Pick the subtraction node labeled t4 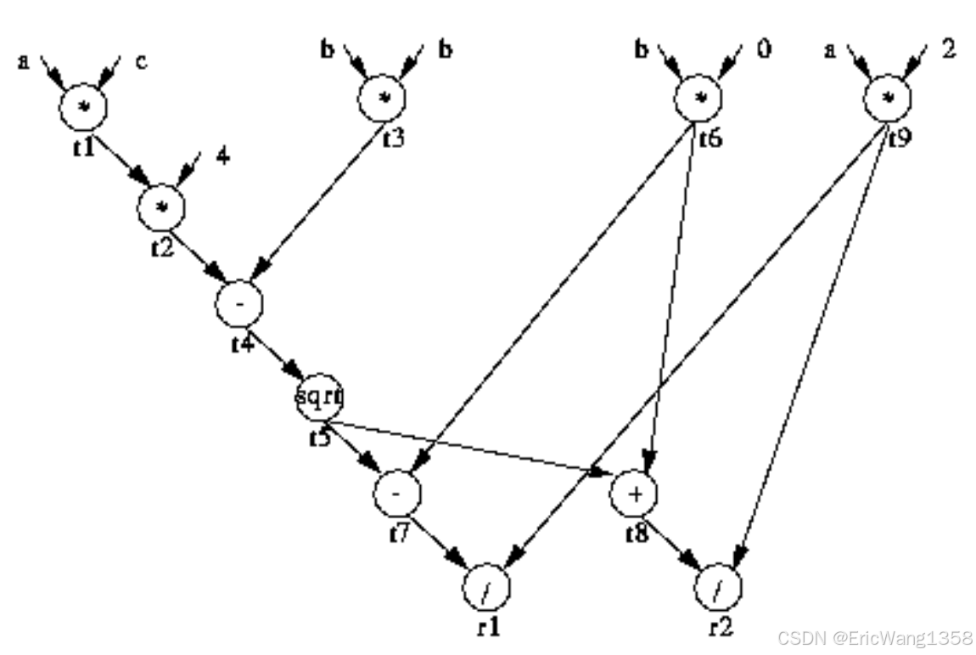click(239, 303)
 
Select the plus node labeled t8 click(636, 492)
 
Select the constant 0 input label click(764, 50)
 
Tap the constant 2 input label click(948, 49)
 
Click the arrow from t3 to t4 click(319, 200)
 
